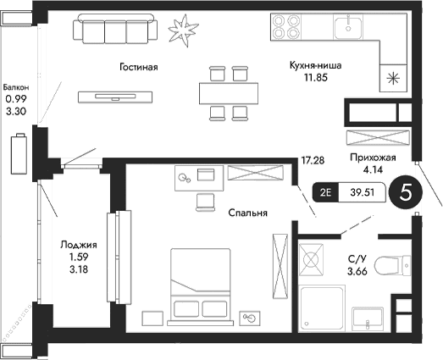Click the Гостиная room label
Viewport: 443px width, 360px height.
[137, 66]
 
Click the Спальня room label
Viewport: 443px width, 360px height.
[247, 213]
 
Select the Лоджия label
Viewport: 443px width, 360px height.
[73, 245]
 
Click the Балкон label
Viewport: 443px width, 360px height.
[16, 86]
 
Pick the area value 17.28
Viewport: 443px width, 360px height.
[313, 159]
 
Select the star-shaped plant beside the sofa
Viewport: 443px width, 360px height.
[180, 30]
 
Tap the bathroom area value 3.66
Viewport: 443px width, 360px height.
[357, 271]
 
